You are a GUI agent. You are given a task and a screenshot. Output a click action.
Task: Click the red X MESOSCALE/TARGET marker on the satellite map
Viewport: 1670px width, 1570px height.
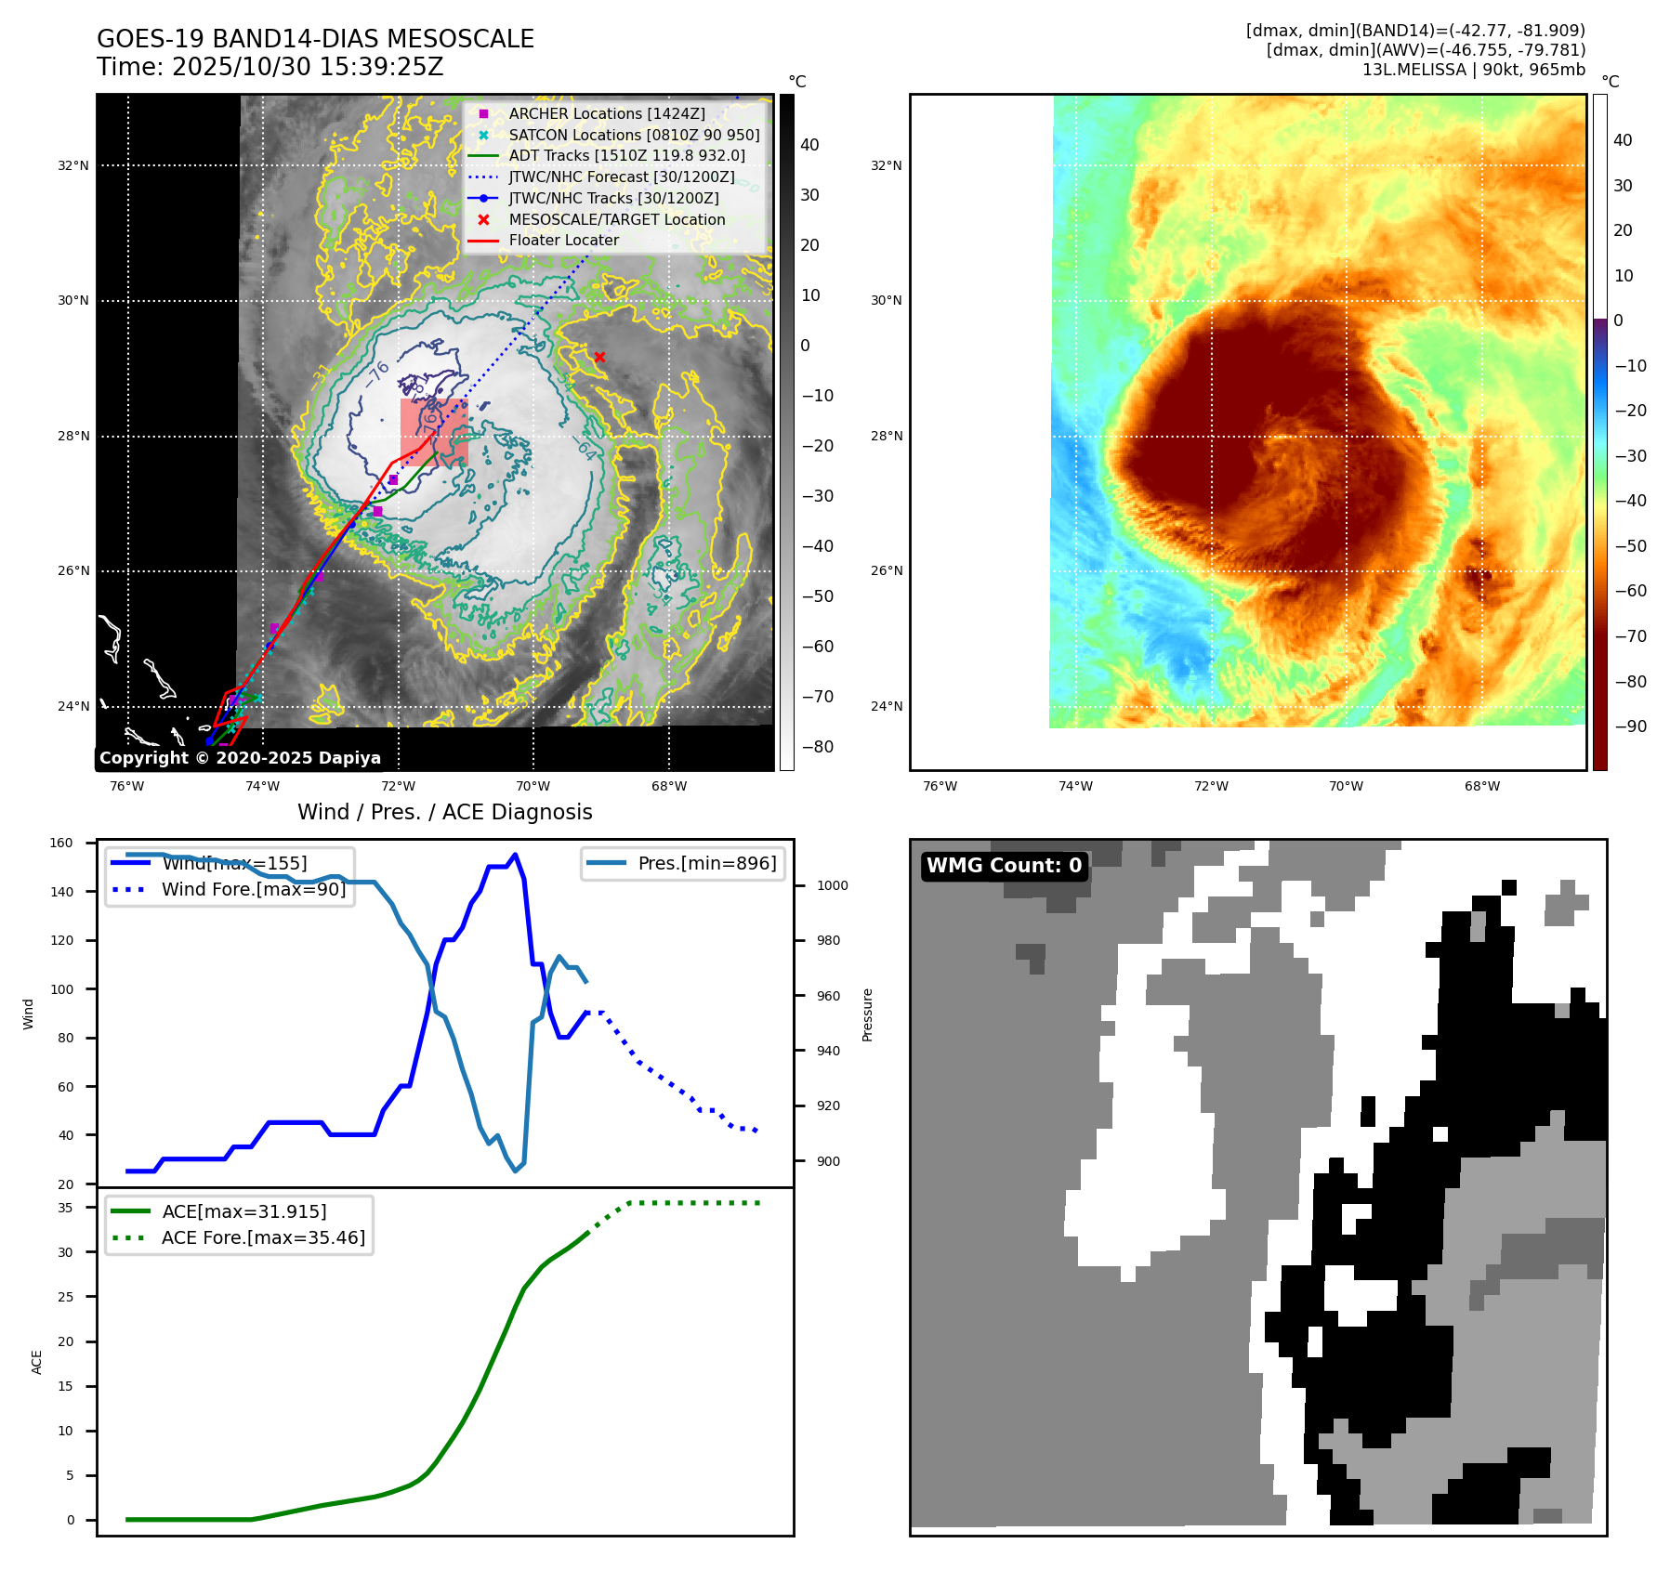point(599,357)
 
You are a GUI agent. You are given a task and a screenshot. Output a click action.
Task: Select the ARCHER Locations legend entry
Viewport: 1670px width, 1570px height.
point(606,113)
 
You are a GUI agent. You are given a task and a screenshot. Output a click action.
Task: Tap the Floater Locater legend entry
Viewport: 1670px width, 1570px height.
point(563,240)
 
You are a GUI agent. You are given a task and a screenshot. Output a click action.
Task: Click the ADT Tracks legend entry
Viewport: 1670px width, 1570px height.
point(626,155)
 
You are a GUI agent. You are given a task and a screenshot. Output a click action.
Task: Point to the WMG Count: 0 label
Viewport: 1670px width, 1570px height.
point(1004,866)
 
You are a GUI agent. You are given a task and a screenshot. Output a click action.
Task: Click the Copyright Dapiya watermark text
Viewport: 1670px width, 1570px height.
point(240,758)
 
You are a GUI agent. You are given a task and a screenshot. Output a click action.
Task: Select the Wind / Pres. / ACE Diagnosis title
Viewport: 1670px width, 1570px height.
point(444,812)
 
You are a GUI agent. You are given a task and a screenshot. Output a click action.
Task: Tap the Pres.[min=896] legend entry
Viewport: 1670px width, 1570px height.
point(706,863)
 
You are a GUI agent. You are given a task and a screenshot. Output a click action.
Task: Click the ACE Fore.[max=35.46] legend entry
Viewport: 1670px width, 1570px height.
point(263,1237)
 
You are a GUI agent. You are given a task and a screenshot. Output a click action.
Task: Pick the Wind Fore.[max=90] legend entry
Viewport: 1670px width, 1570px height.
point(253,889)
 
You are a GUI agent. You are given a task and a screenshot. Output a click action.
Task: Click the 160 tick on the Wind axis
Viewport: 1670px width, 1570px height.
point(61,844)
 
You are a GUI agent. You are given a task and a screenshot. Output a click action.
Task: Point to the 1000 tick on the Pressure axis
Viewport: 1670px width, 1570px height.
point(832,885)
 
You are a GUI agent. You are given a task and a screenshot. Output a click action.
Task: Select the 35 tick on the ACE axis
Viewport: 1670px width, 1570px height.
point(65,1208)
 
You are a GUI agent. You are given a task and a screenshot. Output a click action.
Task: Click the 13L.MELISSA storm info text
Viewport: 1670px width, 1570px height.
point(1473,70)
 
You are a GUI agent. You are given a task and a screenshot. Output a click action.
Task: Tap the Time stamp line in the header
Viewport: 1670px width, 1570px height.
point(270,68)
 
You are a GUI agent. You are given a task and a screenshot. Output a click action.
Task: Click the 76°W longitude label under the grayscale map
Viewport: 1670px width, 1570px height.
point(127,786)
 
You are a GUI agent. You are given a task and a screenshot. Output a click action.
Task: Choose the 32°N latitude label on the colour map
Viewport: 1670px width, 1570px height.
point(886,166)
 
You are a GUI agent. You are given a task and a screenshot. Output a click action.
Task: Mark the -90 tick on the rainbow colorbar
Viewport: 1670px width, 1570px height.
point(1630,726)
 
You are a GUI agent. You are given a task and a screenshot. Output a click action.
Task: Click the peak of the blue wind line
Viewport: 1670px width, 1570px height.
point(515,855)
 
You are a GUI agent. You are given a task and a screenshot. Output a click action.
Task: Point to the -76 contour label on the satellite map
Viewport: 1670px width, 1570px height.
point(376,373)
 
